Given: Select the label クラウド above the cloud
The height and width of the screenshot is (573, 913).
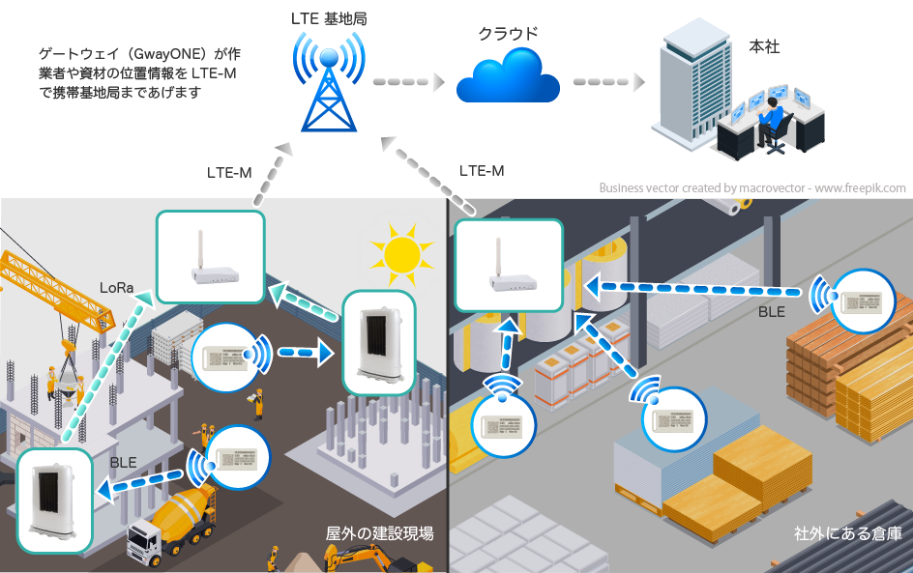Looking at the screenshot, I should click(x=508, y=33).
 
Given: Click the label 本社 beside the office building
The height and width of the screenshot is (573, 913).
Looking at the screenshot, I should click(x=764, y=46).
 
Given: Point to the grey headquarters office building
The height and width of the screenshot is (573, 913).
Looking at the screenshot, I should click(x=691, y=81).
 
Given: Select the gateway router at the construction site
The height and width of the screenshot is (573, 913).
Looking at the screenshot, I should click(x=210, y=256).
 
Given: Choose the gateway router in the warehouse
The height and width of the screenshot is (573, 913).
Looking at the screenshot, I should click(x=508, y=266).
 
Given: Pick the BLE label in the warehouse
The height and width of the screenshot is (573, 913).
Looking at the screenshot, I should click(x=771, y=312).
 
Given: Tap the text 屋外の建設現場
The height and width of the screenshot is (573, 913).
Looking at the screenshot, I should click(x=379, y=533).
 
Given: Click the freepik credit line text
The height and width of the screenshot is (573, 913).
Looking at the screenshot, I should click(x=751, y=188).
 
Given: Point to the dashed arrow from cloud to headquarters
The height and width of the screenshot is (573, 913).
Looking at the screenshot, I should click(x=607, y=82).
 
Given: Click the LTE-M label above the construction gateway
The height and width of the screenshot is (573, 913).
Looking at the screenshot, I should click(x=229, y=174).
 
